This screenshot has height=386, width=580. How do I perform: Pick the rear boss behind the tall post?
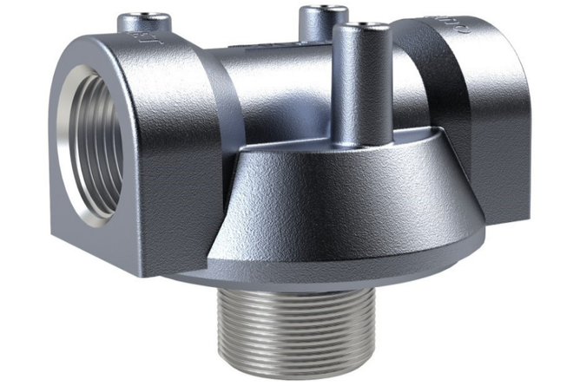click(317, 26)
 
